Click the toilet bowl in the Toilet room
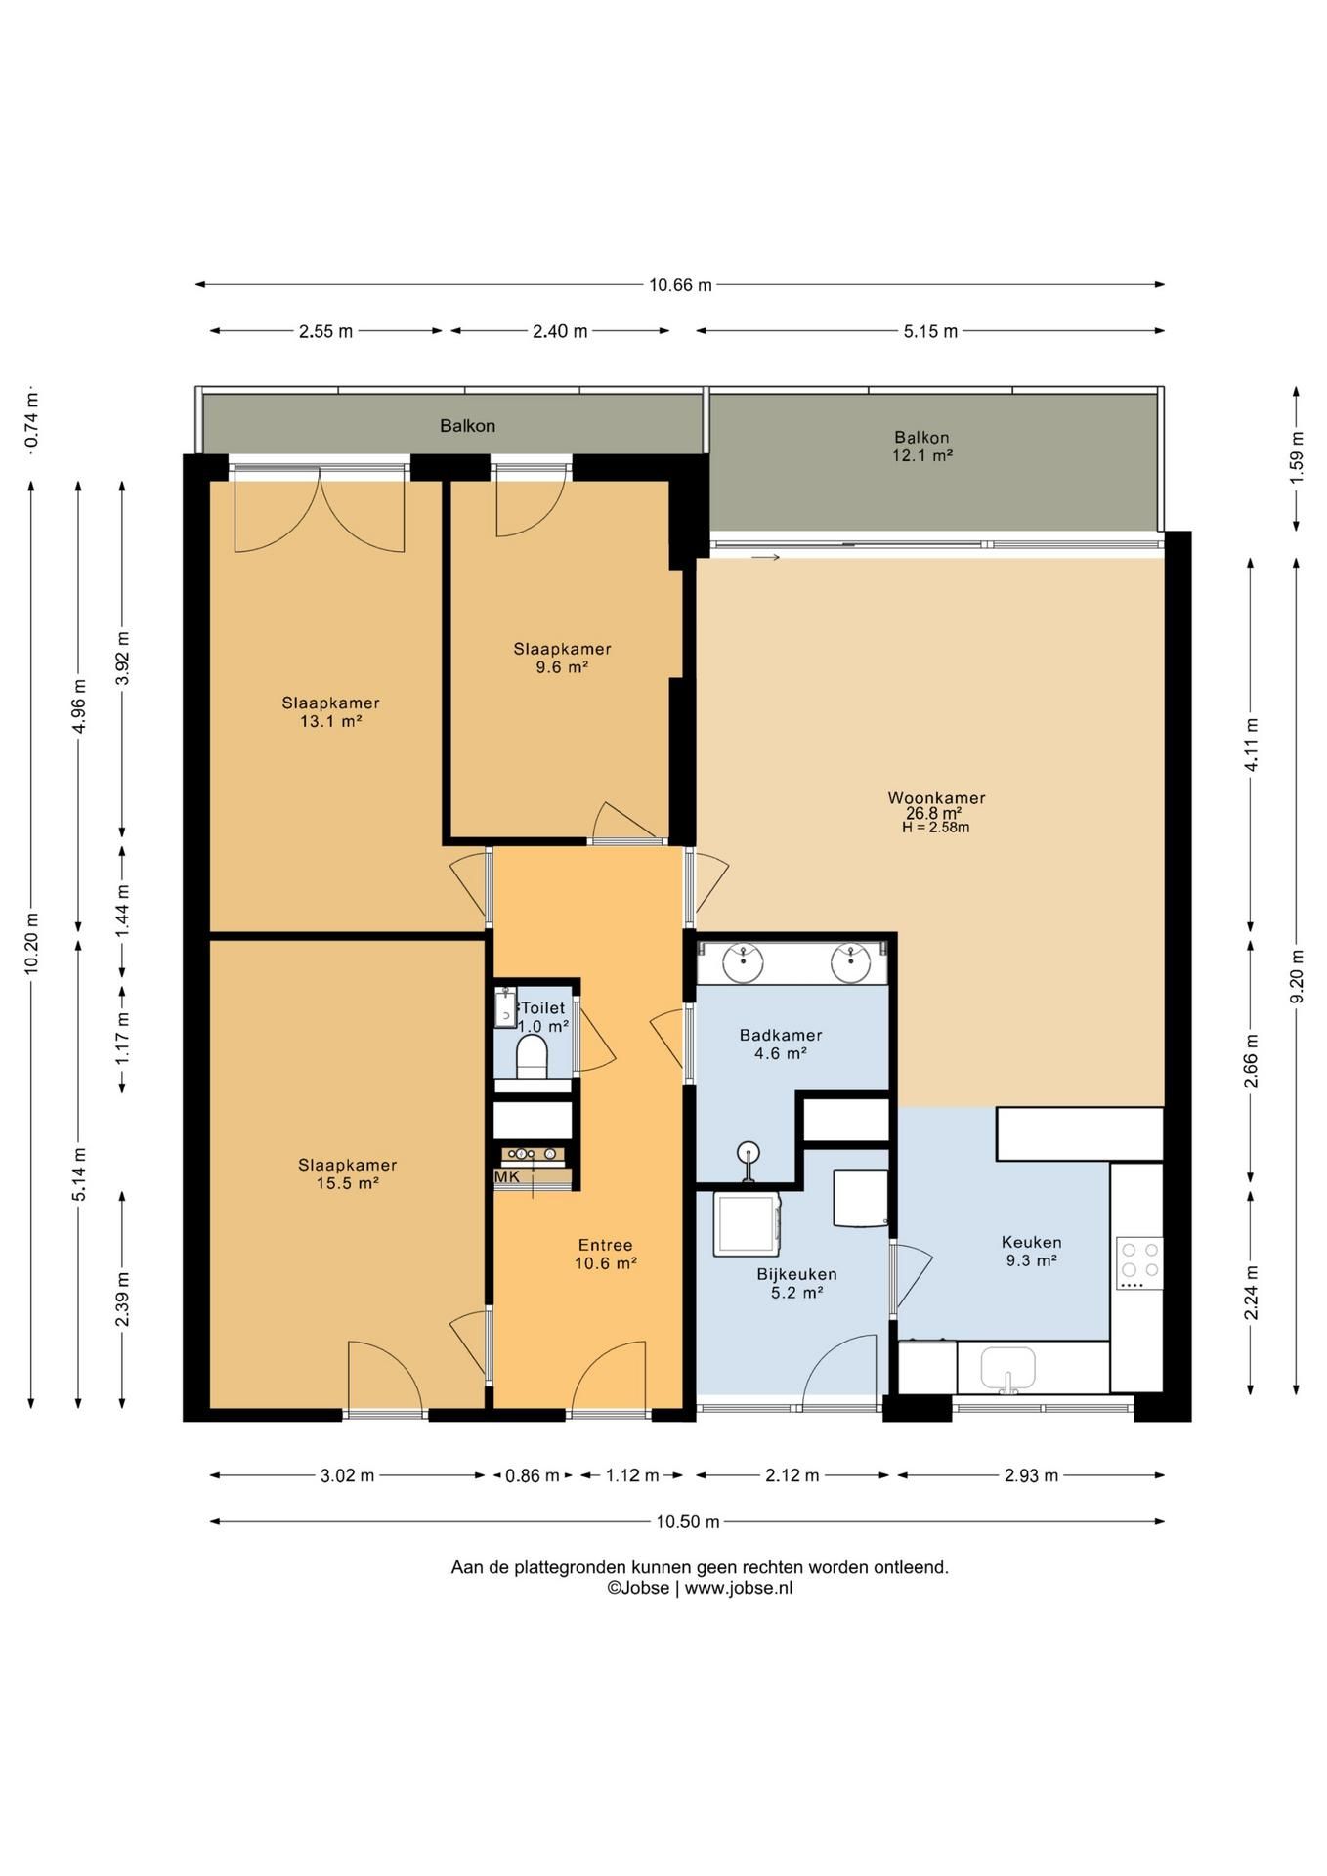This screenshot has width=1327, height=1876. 532,1056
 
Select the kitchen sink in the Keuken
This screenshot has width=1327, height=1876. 1008,1369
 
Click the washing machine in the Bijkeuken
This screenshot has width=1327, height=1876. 748,1223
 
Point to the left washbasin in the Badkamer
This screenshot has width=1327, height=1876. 743,961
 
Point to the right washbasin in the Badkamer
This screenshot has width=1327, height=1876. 851,961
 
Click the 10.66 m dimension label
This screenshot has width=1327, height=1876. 680,285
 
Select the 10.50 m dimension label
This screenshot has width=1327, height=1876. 687,1521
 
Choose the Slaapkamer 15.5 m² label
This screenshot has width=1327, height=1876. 348,1173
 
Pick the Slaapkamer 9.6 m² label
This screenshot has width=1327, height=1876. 563,658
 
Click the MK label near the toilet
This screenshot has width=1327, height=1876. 507,1177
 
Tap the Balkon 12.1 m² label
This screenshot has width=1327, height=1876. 921,447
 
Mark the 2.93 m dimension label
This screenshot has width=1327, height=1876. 1031,1475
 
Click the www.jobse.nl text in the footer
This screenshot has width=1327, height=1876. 739,1588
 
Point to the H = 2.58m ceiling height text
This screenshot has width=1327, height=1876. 936,828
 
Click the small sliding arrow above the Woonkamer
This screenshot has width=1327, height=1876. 765,558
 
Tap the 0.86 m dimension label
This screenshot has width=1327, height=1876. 533,1475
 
